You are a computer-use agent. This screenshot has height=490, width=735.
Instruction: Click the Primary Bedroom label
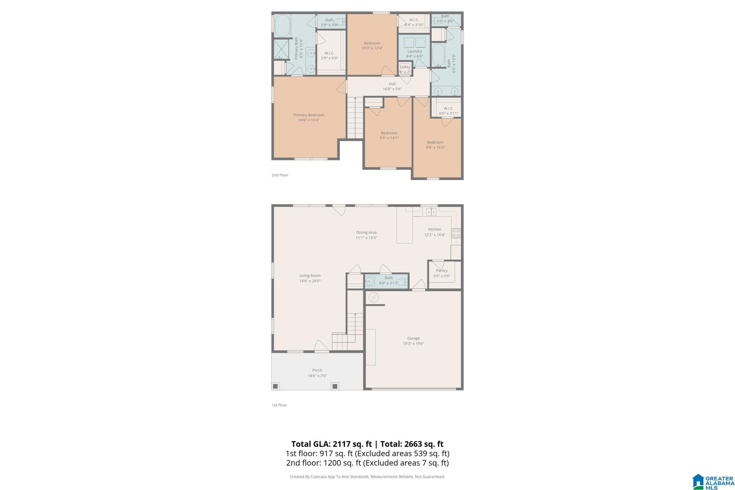tap(309, 115)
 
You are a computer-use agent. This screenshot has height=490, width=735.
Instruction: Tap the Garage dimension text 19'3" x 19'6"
tap(413, 344)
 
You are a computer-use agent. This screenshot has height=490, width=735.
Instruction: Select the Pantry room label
tap(442, 271)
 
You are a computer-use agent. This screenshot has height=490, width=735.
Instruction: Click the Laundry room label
tap(415, 51)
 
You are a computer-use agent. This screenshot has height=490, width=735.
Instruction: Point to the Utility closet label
tap(405, 67)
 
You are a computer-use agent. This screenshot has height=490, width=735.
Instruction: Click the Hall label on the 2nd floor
tap(392, 84)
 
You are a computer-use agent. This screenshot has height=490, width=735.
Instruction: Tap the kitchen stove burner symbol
tap(456, 233)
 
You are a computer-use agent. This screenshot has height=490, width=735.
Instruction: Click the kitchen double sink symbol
tap(431, 212)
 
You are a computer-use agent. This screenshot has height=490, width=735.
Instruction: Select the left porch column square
tap(275, 386)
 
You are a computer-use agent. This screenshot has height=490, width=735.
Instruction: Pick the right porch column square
tap(335, 386)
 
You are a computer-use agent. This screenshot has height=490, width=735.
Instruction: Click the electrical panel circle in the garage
tap(374, 297)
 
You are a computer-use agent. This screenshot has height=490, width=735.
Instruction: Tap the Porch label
tap(317, 370)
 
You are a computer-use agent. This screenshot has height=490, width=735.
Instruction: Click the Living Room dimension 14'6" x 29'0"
tap(310, 281)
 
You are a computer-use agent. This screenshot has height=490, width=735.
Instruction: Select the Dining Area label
tap(366, 232)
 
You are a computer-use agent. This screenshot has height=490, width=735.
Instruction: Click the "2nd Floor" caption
tap(280, 175)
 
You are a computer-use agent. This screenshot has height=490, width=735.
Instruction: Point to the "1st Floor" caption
tap(279, 405)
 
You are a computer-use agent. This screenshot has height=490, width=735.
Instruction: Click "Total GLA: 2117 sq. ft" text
tap(331, 444)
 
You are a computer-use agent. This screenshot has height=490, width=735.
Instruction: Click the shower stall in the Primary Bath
tap(281, 49)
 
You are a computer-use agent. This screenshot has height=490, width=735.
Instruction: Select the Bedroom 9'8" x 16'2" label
tap(435, 142)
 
